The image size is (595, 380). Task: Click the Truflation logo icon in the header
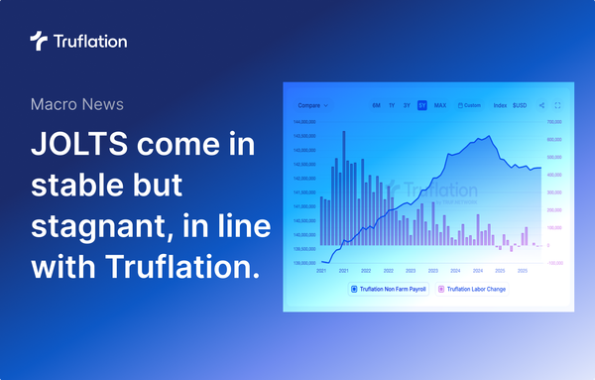[38, 41]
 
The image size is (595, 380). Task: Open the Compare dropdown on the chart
[312, 105]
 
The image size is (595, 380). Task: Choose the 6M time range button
[376, 105]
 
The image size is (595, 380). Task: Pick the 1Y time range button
[392, 105]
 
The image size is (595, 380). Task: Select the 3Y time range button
[407, 105]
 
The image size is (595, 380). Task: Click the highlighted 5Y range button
[422, 105]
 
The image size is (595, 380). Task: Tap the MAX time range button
[439, 105]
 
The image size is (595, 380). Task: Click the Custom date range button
[469, 105]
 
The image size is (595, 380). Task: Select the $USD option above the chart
[519, 105]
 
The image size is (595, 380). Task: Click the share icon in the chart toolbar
[541, 105]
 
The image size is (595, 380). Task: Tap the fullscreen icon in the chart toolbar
[558, 105]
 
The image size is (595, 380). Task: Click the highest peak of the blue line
[488, 137]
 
